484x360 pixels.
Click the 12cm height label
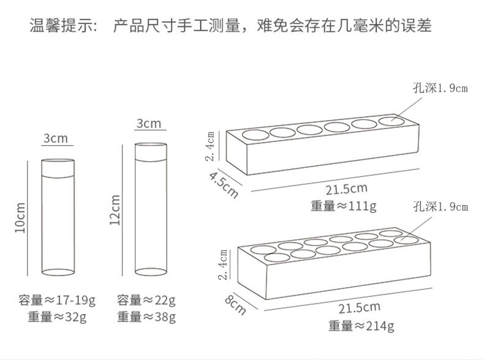[114, 210]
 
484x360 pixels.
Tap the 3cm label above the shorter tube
[55, 138]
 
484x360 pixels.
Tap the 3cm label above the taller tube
[149, 124]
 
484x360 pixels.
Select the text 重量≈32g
[57, 317]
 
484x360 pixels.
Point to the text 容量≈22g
[146, 301]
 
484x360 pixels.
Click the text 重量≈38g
[146, 317]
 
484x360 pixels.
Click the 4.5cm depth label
[223, 184]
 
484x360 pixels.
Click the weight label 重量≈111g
[342, 206]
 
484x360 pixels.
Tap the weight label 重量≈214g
[361, 326]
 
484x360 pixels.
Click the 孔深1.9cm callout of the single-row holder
[440, 88]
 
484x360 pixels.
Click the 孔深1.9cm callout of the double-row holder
[440, 207]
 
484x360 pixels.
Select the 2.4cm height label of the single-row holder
[210, 146]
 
